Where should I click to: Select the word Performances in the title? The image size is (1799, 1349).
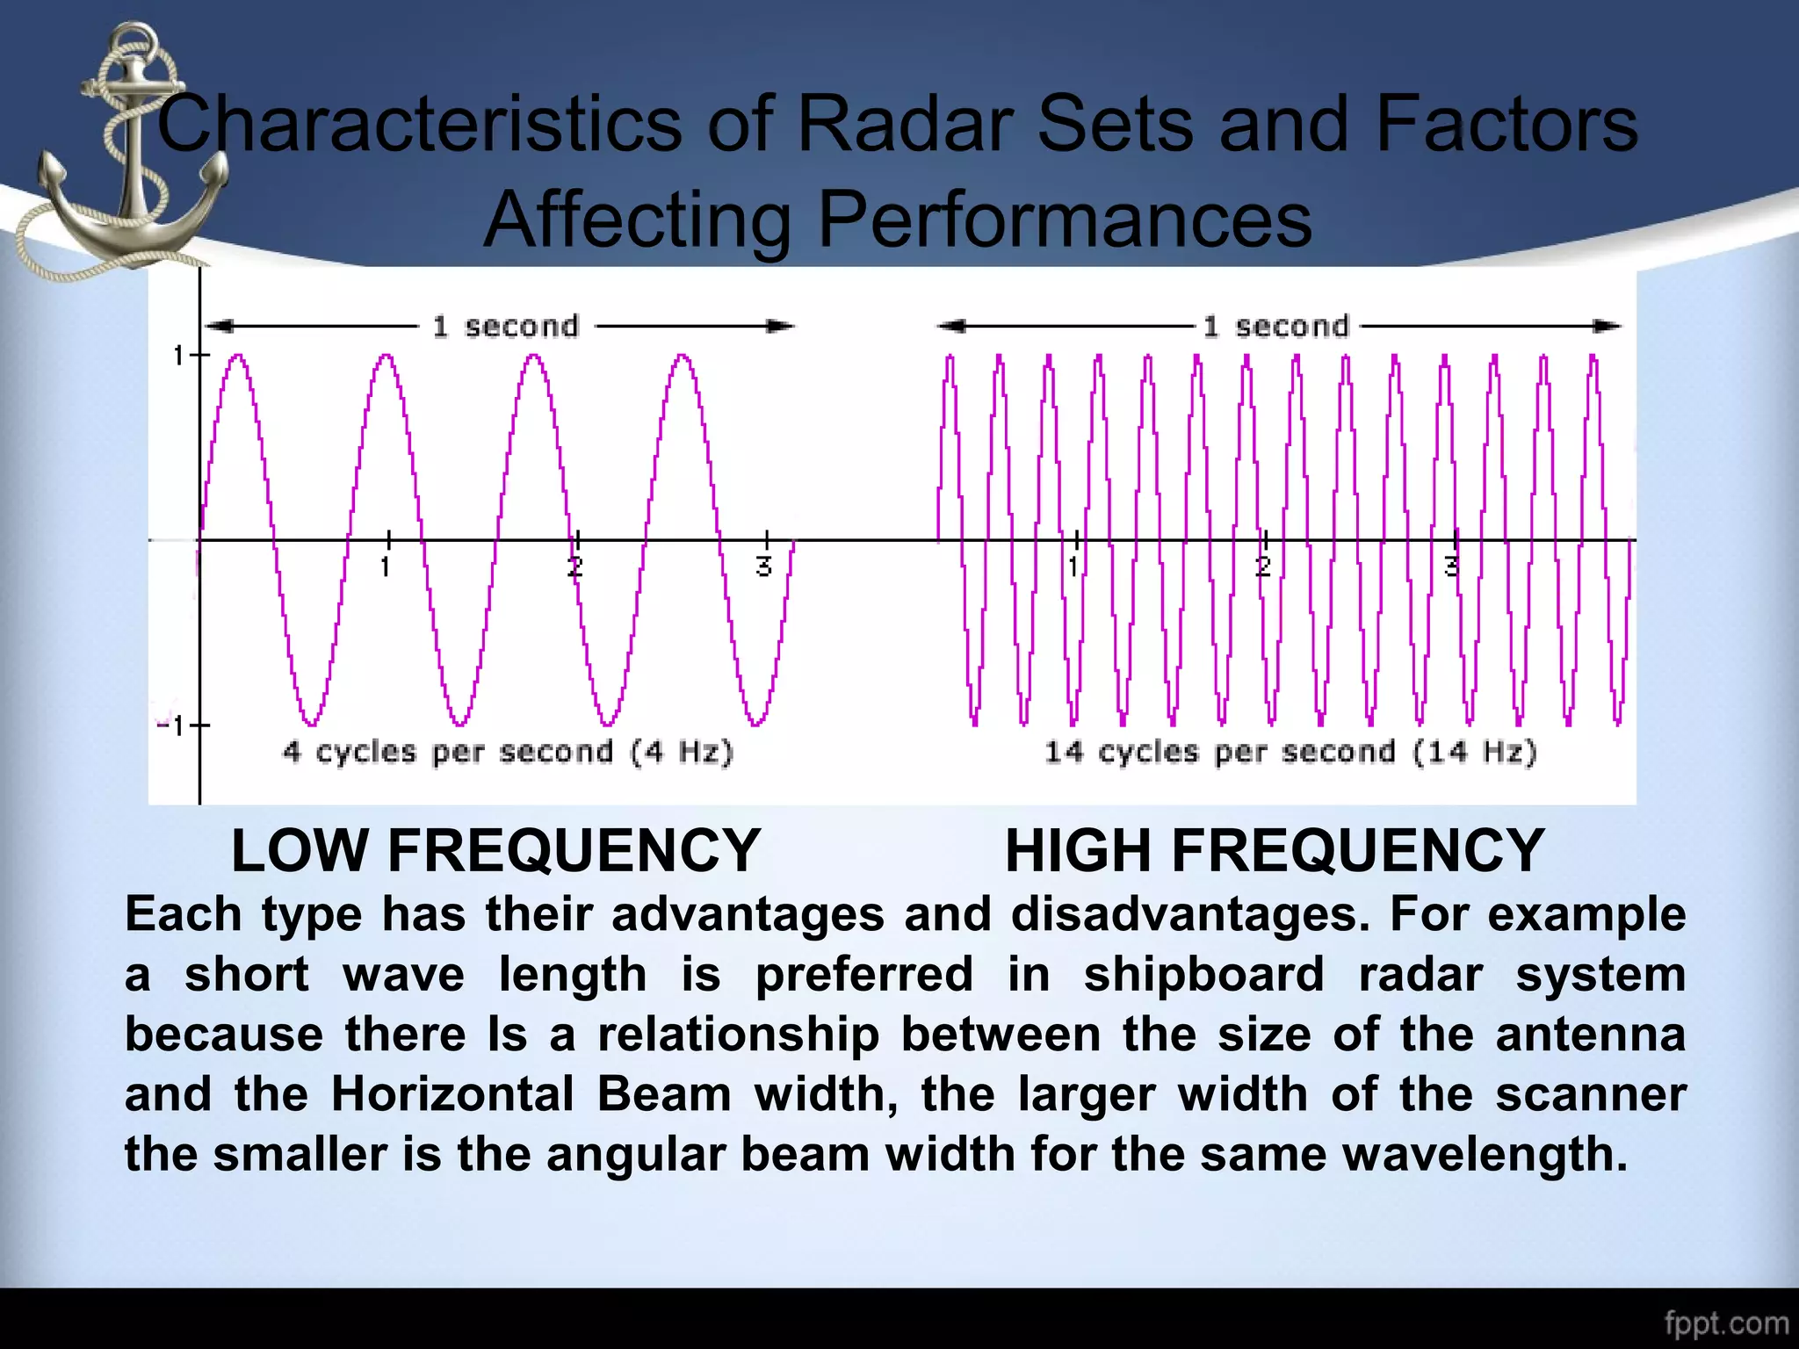[1064, 220]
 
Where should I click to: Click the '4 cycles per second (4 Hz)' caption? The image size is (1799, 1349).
[507, 753]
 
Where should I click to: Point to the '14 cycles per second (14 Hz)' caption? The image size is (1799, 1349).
[1290, 753]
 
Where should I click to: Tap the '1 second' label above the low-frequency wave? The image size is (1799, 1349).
[505, 327]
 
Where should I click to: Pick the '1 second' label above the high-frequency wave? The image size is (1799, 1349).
[1275, 327]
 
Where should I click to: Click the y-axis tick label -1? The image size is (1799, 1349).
[170, 726]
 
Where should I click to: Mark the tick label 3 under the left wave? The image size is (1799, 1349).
[764, 567]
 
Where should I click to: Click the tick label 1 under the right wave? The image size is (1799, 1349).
[1073, 567]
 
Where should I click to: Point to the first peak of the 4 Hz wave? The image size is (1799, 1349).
[238, 357]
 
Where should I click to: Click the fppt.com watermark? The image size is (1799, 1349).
[1726, 1324]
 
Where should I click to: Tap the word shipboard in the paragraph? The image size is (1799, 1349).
[1203, 974]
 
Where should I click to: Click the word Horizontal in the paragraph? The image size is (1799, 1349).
[452, 1094]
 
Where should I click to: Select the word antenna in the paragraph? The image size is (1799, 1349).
[1590, 1034]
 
